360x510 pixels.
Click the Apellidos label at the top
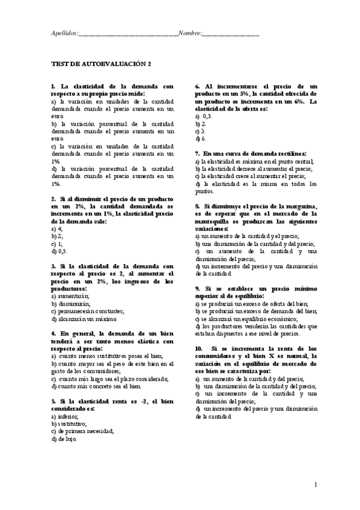(64, 34)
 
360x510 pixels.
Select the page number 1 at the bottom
(316, 485)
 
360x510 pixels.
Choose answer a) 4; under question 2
(57, 229)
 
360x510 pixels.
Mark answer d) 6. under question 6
(201, 138)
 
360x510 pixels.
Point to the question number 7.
(198, 153)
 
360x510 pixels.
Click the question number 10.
(199, 349)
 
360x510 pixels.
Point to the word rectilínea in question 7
(291, 153)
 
